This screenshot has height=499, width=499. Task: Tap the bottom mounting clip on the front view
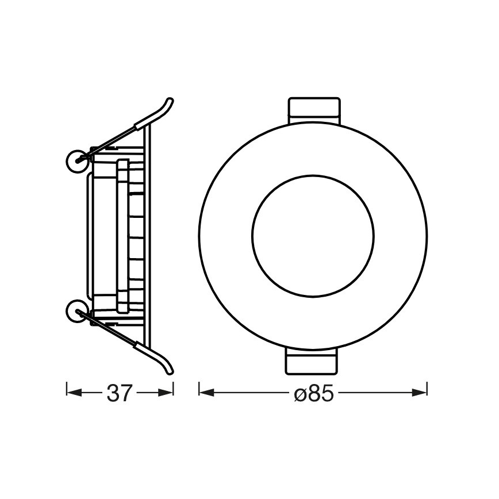coord(313,363)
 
